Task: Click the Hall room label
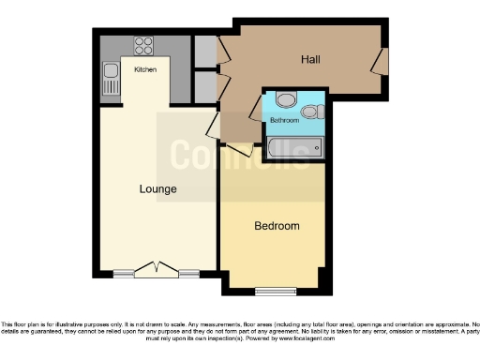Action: [310, 60]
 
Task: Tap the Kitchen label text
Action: [145, 70]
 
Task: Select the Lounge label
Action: [158, 189]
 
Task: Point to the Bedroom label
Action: [277, 226]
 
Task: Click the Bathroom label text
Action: [284, 121]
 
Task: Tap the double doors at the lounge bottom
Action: [156, 270]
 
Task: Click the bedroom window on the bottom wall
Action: [276, 288]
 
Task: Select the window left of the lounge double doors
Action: [124, 274]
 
